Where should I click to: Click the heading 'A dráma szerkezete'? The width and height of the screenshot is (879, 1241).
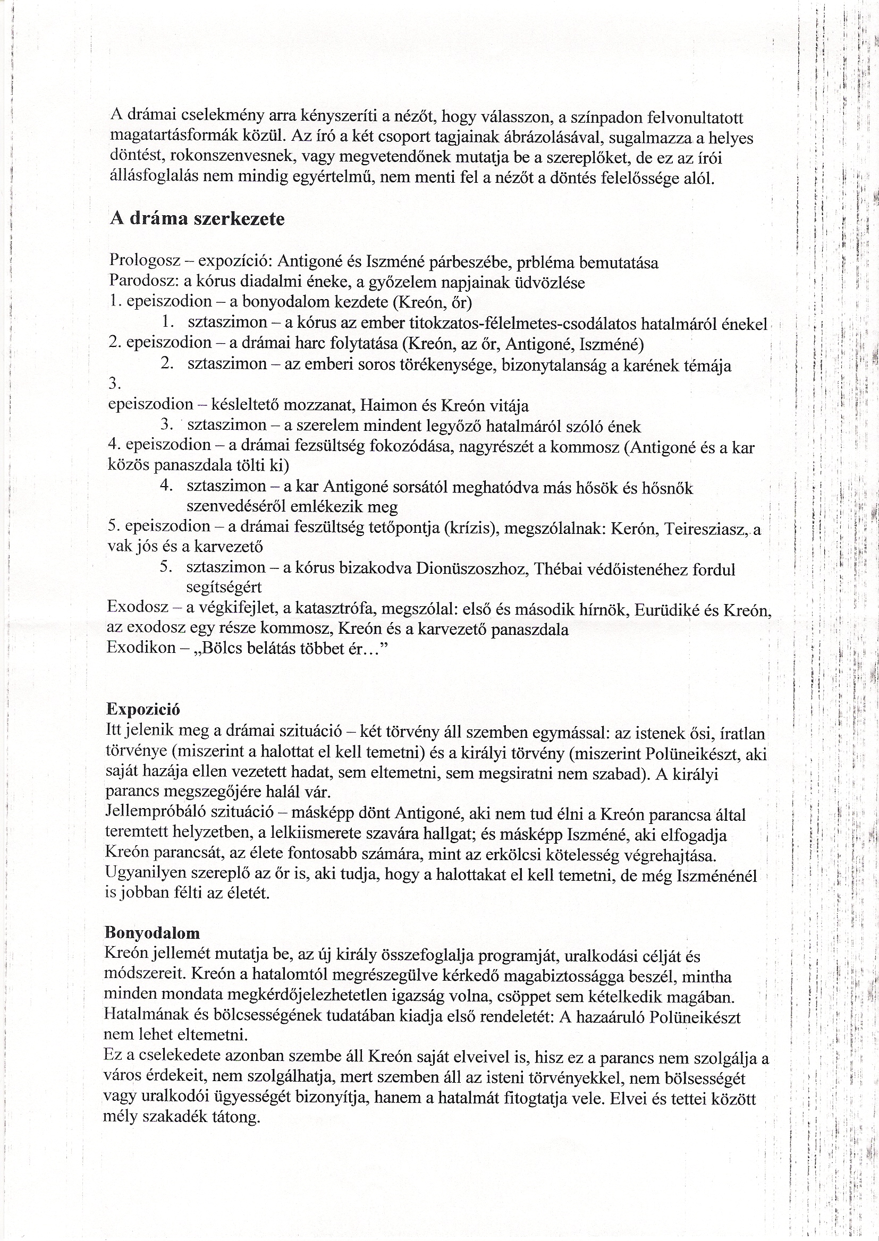click(x=197, y=219)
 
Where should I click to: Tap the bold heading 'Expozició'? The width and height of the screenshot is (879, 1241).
click(x=143, y=709)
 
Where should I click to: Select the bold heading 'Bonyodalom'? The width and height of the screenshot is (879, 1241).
click(x=152, y=933)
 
